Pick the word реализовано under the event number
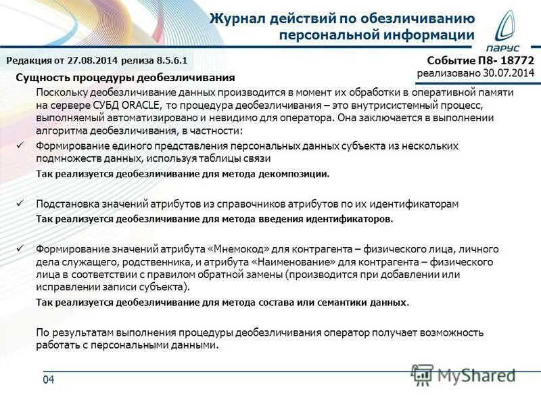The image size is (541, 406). [x=447, y=73]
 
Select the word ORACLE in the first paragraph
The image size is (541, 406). [x=140, y=105]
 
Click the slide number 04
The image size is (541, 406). [x=48, y=380]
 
